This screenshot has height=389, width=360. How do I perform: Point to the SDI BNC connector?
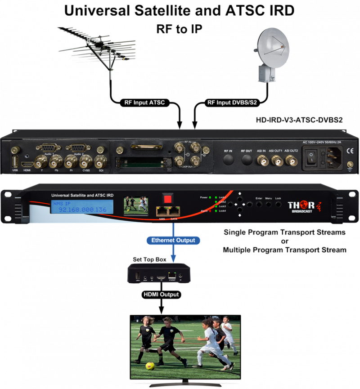(100, 161)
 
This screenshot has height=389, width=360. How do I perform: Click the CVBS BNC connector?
(85, 161)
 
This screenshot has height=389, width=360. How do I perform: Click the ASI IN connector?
(261, 160)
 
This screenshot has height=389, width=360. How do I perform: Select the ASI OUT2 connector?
(291, 160)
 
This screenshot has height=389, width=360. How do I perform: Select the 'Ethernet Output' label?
(173, 240)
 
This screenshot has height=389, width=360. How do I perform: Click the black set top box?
(157, 273)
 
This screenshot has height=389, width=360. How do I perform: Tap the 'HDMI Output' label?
(161, 295)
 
